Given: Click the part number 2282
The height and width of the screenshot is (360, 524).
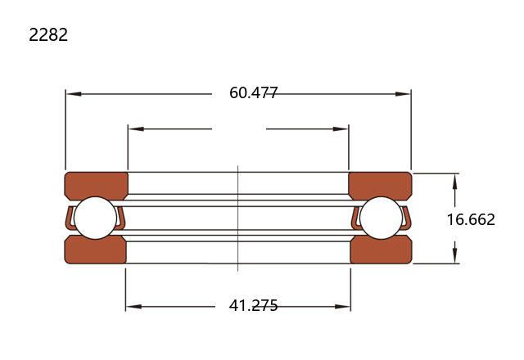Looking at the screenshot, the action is [x=48, y=34].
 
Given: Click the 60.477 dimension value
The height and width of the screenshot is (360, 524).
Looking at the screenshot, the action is [x=253, y=92].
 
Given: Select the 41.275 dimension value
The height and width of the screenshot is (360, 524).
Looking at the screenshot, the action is [x=253, y=305].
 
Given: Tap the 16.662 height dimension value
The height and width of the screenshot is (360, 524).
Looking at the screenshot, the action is [x=471, y=219].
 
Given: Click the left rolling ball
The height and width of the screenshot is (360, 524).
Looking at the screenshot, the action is [x=95, y=218].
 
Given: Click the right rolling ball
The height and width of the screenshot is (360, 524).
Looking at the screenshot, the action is [x=381, y=218].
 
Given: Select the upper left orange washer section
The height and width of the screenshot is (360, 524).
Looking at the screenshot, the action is [x=96, y=186].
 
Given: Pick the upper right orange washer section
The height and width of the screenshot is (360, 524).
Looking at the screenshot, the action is [x=380, y=186].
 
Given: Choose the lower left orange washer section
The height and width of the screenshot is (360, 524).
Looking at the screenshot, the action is [x=95, y=250].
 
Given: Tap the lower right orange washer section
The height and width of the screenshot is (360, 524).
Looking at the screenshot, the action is [x=381, y=250].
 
